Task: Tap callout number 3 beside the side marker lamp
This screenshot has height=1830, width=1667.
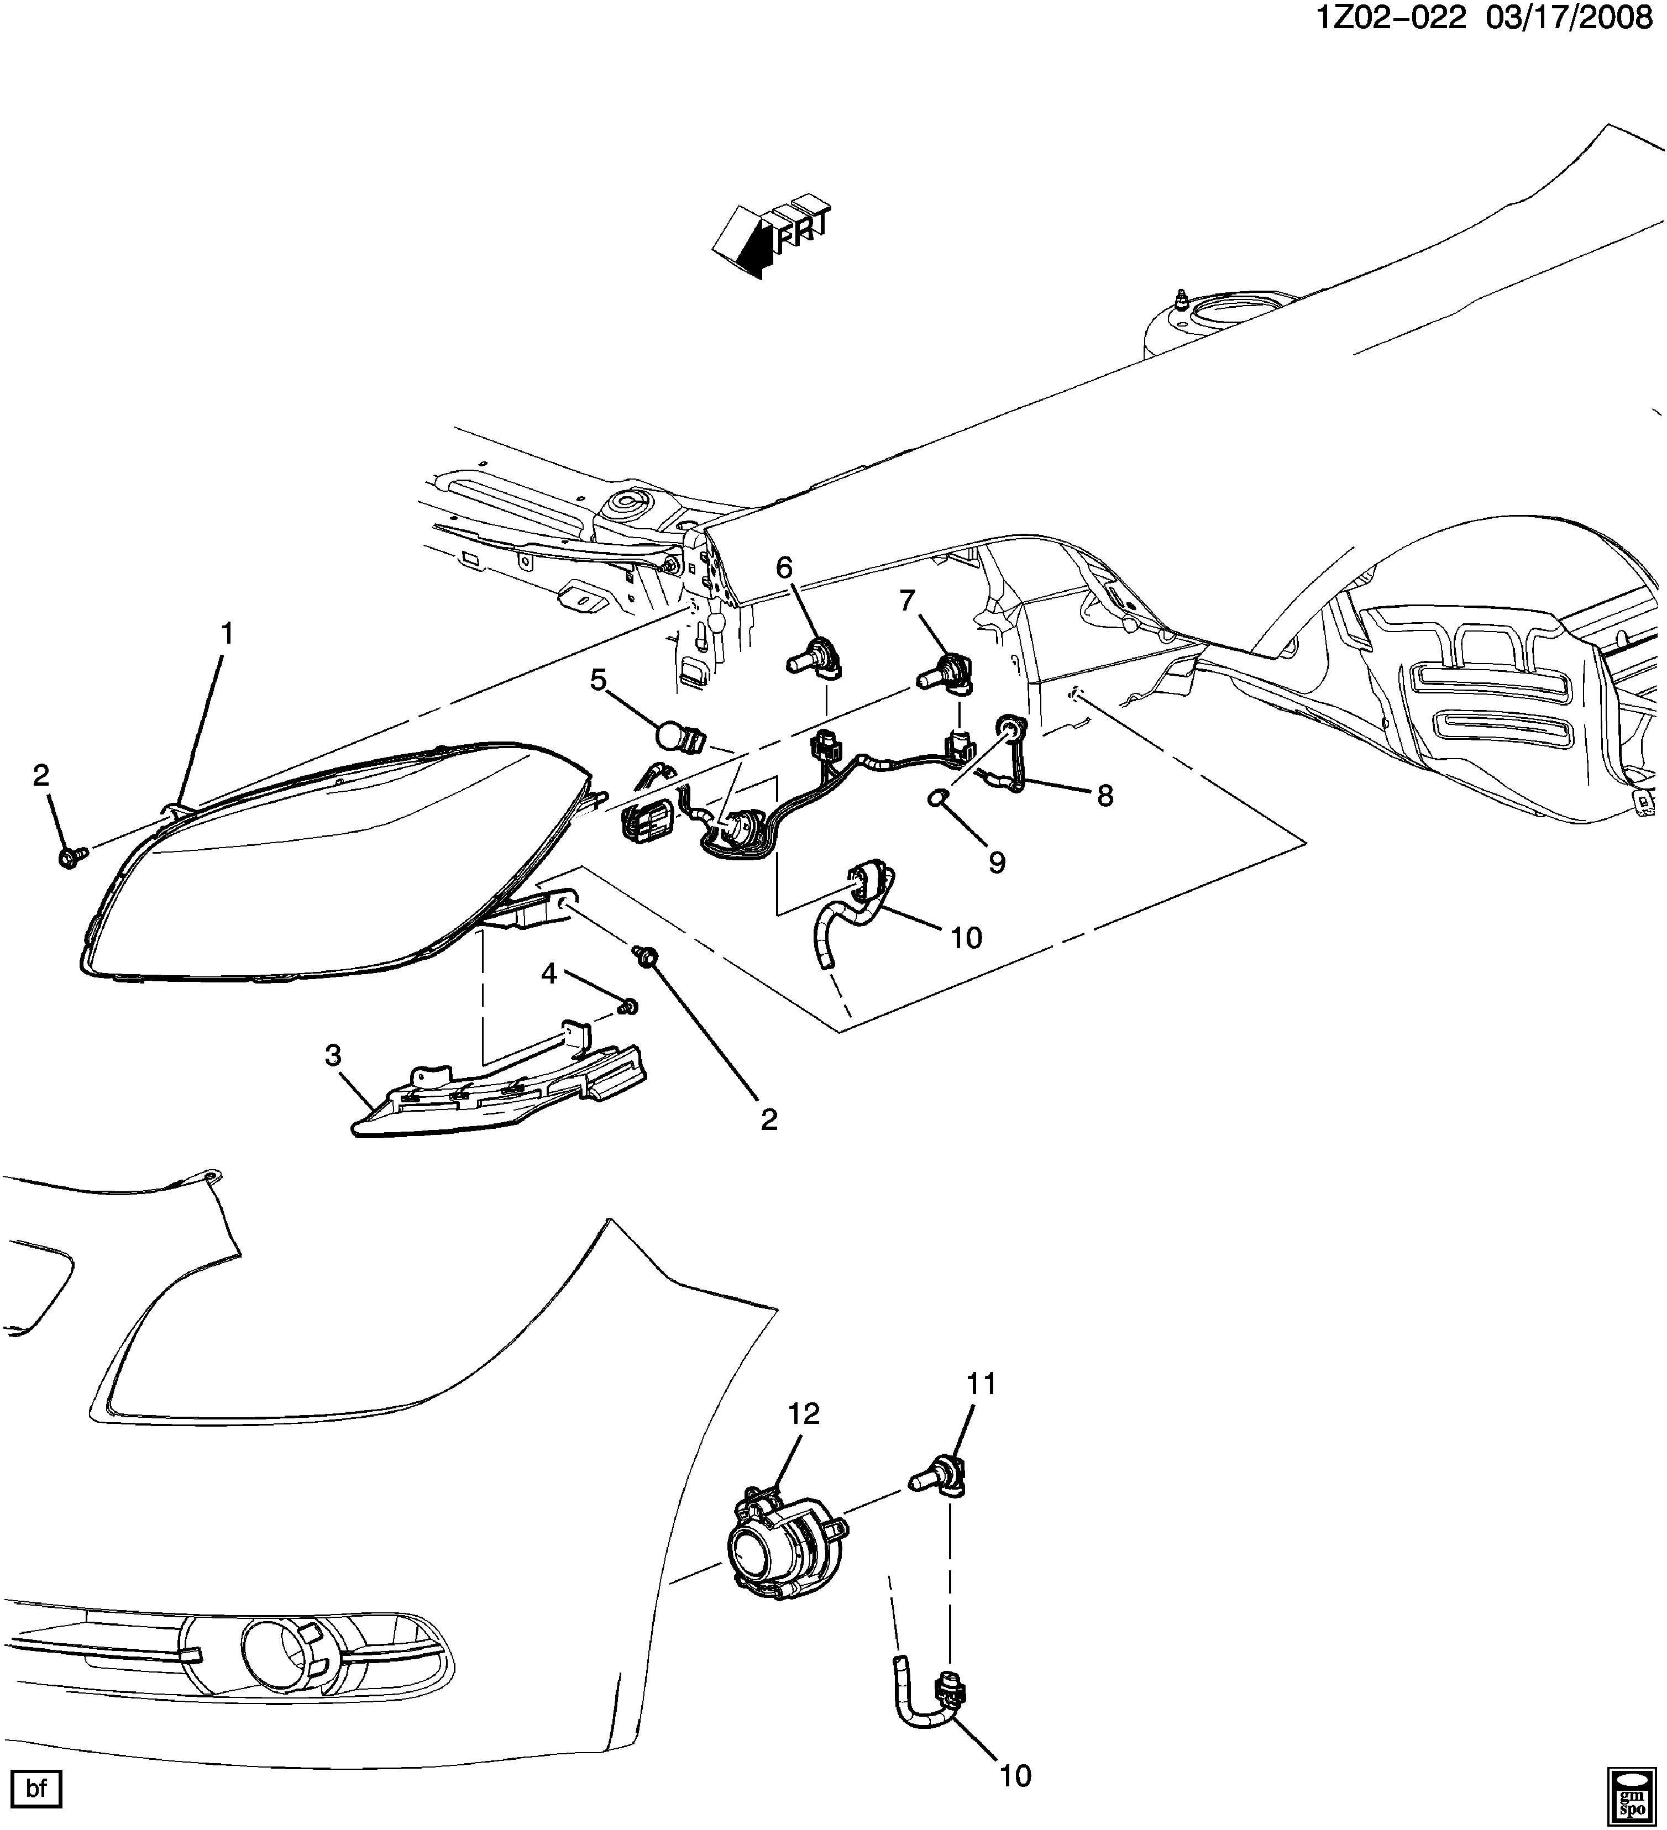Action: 333,1055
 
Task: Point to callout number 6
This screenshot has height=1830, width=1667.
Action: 784,567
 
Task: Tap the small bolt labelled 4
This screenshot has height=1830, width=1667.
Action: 626,1006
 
